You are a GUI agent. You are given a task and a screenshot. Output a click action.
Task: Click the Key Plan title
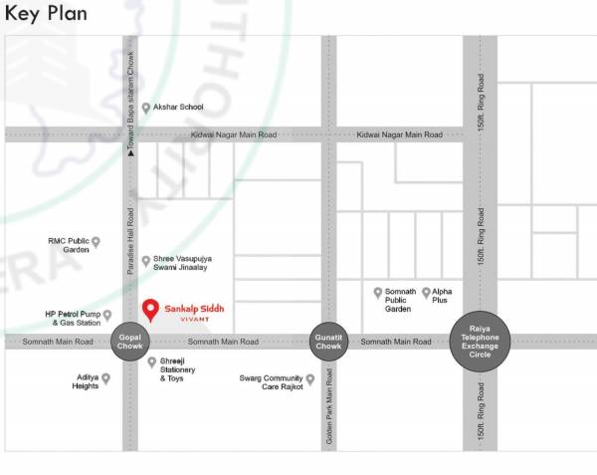click(x=46, y=14)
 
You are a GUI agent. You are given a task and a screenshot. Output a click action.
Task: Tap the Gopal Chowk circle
click(x=130, y=342)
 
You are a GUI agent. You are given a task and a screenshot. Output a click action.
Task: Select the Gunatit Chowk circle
click(x=328, y=342)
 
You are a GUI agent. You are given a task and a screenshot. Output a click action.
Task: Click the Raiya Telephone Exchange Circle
click(x=482, y=342)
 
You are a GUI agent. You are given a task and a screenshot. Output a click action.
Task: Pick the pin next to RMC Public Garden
click(x=97, y=241)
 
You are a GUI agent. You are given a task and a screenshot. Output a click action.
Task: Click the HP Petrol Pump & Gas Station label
click(x=73, y=319)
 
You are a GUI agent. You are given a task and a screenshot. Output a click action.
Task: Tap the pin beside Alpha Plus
click(x=426, y=293)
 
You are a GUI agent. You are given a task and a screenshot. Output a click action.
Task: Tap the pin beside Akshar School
click(x=146, y=108)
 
